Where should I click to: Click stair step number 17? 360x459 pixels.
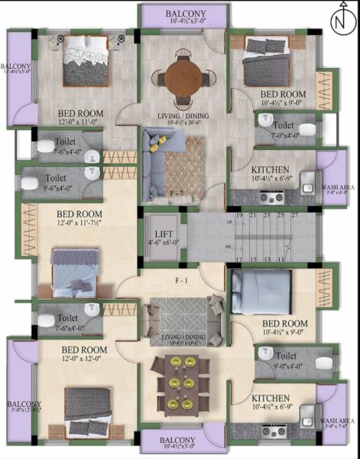[x=239, y=260]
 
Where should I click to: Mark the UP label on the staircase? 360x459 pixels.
[x=229, y=222]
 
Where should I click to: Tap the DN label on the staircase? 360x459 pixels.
[x=229, y=247]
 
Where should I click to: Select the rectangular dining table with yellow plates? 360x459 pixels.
[x=183, y=382]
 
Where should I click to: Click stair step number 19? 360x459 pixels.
[x=239, y=216]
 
